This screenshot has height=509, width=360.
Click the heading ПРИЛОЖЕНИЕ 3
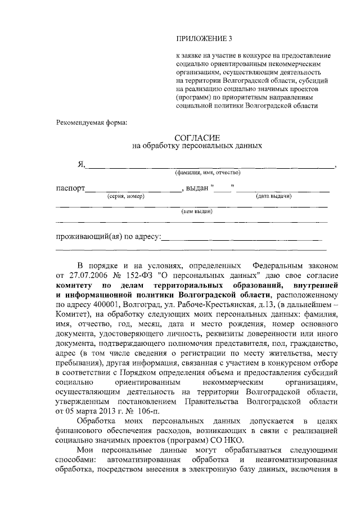(204, 39)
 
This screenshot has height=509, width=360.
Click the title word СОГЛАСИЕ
(197, 137)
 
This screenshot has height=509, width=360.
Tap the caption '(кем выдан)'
(196, 211)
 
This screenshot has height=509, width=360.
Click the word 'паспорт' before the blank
(70, 188)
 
